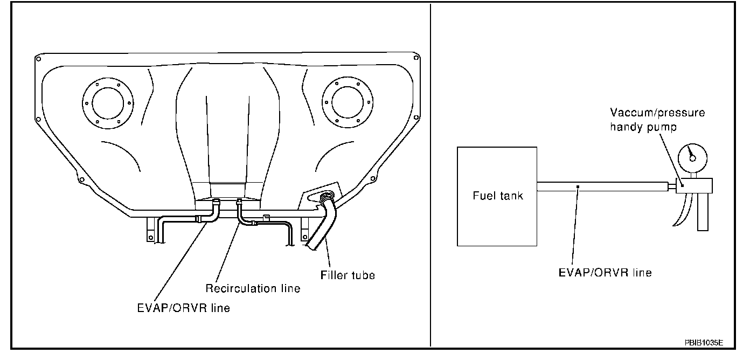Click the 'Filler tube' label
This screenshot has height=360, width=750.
coord(347,275)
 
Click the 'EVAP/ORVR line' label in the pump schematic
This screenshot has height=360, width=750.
coord(605,272)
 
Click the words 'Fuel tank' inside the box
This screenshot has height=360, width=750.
coord(497,196)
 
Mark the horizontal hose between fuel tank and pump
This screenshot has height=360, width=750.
coord(603,186)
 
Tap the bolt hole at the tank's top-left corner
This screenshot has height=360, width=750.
coord(38,57)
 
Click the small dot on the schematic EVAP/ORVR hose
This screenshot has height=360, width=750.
coord(578,186)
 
